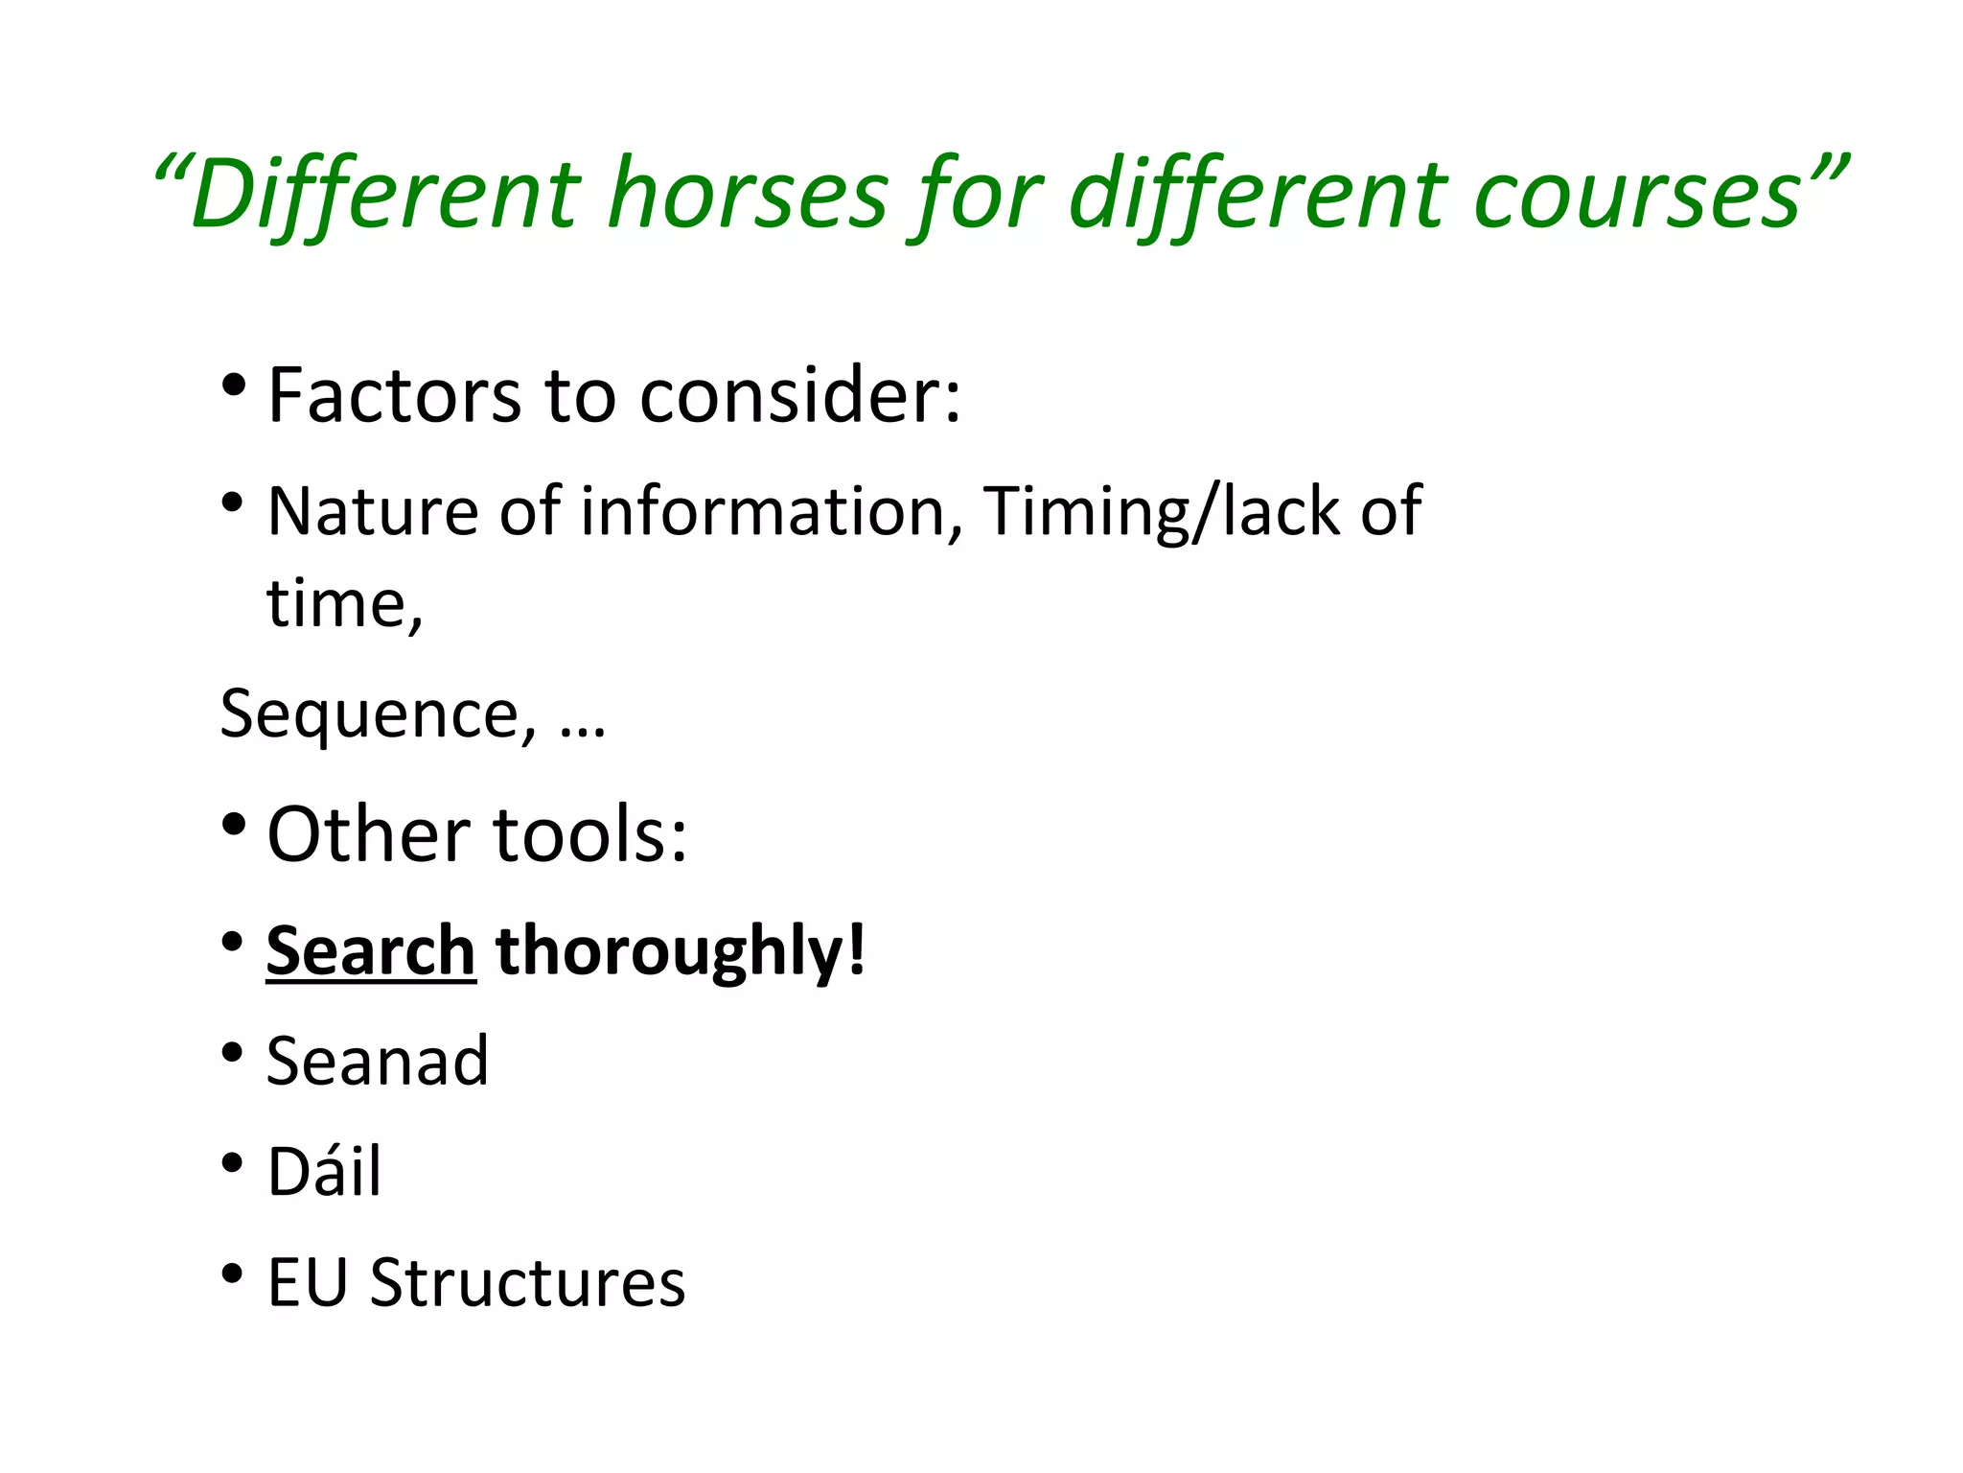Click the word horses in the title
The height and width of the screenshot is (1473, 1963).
coord(750,195)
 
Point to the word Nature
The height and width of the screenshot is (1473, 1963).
coord(372,510)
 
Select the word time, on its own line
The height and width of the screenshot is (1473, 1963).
coord(344,604)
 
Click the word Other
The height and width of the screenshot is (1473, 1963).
coord(369,834)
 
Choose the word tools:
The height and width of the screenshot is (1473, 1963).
coord(590,834)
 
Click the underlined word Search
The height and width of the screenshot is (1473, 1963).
coord(371,950)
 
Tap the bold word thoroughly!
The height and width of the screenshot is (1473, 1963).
coord(681,950)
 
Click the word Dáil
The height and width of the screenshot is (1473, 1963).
coord(324,1171)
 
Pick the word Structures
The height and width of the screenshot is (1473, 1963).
coord(527,1282)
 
